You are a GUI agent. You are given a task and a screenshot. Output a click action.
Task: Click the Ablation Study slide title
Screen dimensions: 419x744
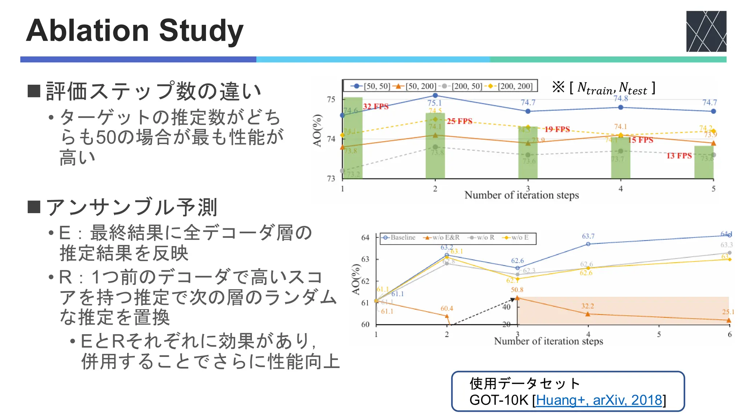click(x=134, y=31)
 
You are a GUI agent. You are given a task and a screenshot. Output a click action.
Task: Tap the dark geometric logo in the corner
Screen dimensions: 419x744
click(x=706, y=31)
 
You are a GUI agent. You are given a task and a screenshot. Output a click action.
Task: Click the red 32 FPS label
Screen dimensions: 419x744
click(x=376, y=107)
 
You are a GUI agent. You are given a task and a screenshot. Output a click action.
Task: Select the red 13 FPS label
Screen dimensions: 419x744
click(x=679, y=156)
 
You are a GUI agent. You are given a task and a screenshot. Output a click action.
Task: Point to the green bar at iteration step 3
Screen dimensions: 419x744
click(x=527, y=153)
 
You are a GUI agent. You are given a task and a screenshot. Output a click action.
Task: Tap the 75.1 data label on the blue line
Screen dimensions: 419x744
click(x=434, y=103)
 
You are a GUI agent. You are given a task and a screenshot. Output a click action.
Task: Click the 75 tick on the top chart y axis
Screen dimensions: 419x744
click(x=331, y=99)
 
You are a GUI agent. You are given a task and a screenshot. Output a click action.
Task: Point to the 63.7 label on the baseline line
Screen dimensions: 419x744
click(x=588, y=236)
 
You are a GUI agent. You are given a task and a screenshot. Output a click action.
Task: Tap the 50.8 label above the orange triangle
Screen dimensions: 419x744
click(x=517, y=290)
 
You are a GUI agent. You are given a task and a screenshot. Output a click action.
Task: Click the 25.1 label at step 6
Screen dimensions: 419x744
click(x=728, y=312)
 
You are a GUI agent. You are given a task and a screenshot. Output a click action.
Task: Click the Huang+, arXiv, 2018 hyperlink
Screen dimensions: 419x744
click(x=599, y=400)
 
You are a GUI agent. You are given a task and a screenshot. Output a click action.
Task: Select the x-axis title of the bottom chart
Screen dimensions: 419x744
click(x=548, y=341)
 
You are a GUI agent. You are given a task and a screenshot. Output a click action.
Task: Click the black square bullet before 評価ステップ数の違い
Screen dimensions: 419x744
click(x=34, y=91)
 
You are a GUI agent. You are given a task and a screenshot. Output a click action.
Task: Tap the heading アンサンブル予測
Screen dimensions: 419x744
click(x=132, y=207)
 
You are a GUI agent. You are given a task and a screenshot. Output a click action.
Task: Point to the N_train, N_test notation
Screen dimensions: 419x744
click(x=612, y=88)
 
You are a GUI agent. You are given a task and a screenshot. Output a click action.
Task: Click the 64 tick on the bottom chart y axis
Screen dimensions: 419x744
click(x=365, y=238)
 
